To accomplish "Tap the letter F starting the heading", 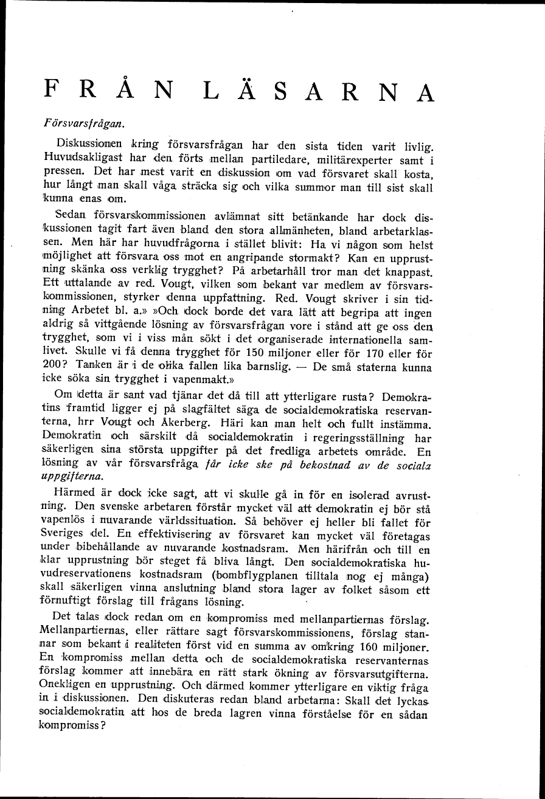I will pyautogui.click(x=52, y=91).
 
